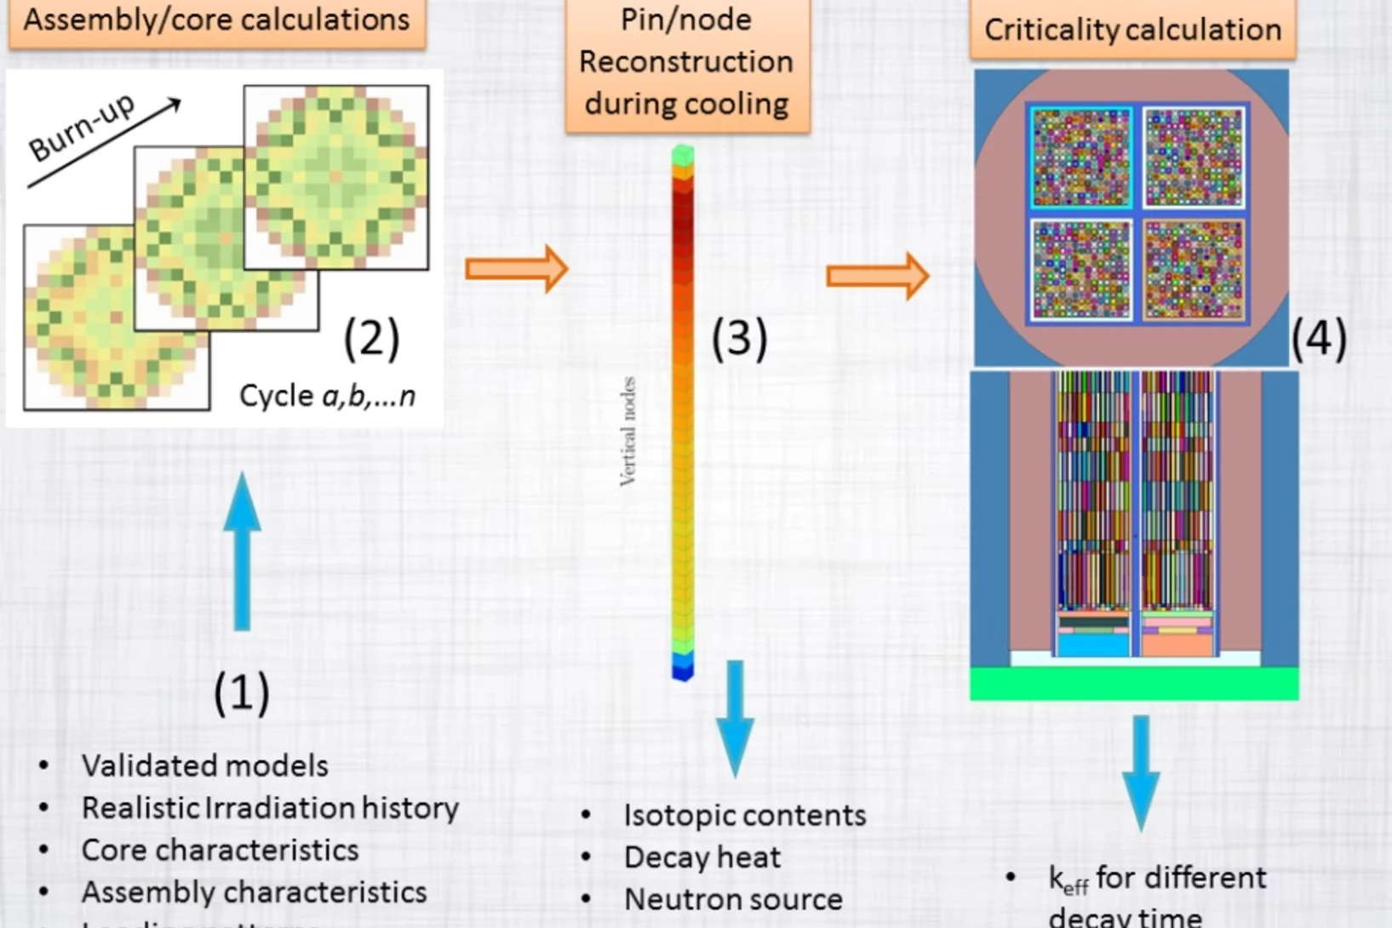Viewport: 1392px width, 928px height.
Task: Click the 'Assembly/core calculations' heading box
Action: click(x=216, y=22)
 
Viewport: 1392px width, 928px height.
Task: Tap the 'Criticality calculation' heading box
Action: click(x=1132, y=30)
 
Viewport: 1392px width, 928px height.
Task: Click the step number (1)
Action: click(x=241, y=691)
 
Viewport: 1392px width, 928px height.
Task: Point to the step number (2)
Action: click(x=371, y=337)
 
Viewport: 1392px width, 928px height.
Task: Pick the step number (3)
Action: click(x=739, y=337)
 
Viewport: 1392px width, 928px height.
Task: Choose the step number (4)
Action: click(x=1319, y=338)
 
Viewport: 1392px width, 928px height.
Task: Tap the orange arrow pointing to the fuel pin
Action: click(x=516, y=270)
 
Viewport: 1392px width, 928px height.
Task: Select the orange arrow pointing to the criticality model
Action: click(x=877, y=276)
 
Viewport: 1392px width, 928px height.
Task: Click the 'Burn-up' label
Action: click(x=82, y=128)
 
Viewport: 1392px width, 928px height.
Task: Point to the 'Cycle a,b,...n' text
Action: click(x=327, y=396)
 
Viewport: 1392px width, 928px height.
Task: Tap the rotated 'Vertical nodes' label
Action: click(x=628, y=432)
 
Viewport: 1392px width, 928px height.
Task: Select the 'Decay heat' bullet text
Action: click(x=702, y=857)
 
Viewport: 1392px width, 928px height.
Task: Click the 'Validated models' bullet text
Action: click(x=204, y=765)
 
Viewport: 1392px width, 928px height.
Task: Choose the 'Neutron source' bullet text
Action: click(x=733, y=899)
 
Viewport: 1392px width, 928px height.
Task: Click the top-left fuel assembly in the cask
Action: click(x=1080, y=158)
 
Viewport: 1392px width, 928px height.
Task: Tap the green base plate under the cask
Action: click(x=1134, y=683)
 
